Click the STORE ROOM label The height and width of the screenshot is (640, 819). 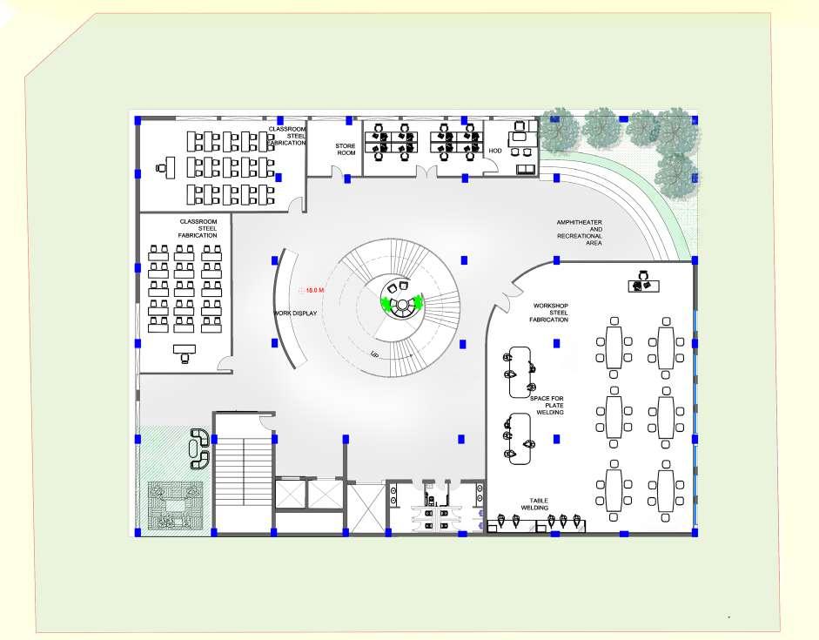click(x=346, y=149)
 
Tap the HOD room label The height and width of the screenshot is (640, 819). click(x=495, y=151)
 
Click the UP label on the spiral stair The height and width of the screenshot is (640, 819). click(x=375, y=354)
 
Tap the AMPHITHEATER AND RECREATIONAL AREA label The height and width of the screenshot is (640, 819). click(x=580, y=233)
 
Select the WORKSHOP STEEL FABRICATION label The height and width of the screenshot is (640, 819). click(x=549, y=313)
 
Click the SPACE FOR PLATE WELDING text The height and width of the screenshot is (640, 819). click(x=548, y=405)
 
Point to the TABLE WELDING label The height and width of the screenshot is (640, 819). click(x=534, y=504)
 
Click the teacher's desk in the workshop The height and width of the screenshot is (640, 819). click(x=645, y=284)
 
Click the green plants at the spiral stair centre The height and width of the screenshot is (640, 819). click(x=401, y=302)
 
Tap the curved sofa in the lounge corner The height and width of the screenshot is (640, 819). click(x=200, y=448)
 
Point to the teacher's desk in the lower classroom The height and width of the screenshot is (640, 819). click(x=185, y=351)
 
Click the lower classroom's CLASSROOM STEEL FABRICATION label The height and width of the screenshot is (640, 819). click(x=198, y=229)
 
